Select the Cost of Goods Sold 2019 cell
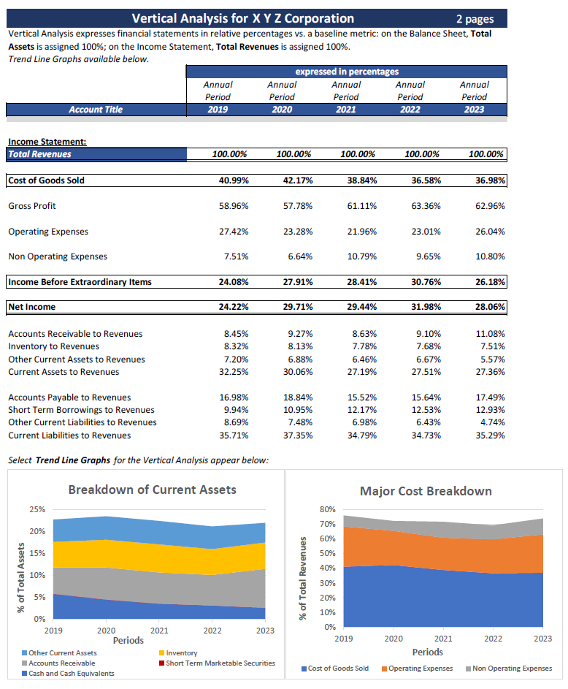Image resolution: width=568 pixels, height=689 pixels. click(x=234, y=180)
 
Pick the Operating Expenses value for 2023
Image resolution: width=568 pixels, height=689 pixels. click(x=489, y=232)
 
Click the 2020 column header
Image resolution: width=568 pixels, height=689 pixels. click(x=282, y=110)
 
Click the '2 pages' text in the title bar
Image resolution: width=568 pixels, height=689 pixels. click(x=475, y=19)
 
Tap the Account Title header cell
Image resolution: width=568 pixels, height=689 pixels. click(x=96, y=110)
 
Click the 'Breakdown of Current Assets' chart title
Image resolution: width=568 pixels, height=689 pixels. click(x=152, y=490)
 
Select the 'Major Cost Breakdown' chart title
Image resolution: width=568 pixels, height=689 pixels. click(x=426, y=491)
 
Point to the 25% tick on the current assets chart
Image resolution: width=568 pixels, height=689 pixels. click(x=34, y=509)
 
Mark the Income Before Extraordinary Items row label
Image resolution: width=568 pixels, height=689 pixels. click(x=80, y=282)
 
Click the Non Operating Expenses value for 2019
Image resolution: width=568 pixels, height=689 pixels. click(x=234, y=256)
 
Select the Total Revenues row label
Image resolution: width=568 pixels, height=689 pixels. click(x=40, y=155)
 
